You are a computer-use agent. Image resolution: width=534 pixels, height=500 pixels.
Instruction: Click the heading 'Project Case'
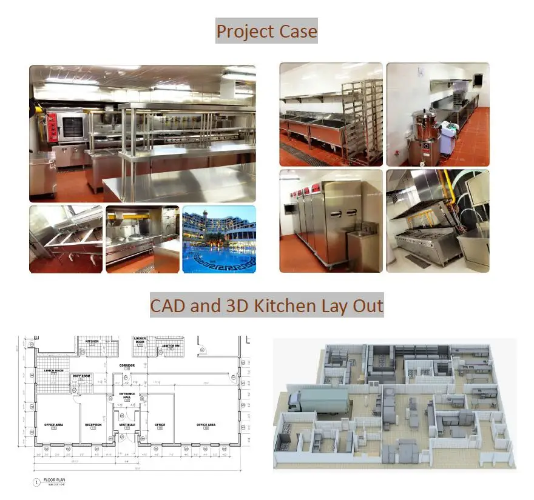point(266,30)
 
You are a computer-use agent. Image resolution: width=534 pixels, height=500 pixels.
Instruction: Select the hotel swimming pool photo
point(218,239)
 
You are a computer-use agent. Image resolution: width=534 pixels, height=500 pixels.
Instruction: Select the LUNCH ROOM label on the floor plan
point(53,370)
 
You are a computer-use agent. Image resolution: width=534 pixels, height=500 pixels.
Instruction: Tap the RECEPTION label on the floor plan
point(93,425)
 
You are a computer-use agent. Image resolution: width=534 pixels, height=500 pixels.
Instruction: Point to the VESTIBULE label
point(127,425)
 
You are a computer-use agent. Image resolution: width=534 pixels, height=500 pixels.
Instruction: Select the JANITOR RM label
point(172,346)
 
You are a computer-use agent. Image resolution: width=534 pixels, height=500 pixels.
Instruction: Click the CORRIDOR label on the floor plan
point(127,365)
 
